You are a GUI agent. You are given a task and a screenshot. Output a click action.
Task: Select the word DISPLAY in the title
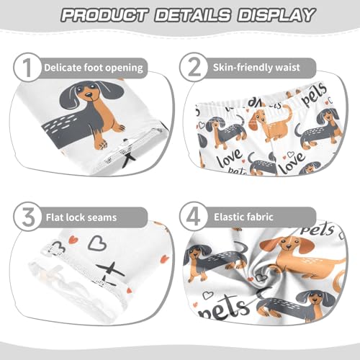coord(272,14)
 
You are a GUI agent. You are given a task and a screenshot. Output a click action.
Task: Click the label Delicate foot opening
coord(94,68)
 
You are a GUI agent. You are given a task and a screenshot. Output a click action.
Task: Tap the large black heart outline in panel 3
coord(96,245)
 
